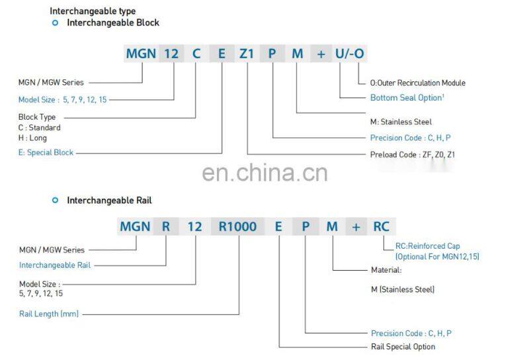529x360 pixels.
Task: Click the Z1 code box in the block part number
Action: click(247, 54)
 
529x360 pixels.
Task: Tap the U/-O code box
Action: click(350, 54)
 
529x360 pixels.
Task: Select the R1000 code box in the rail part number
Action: click(238, 226)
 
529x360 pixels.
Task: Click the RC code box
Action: click(382, 226)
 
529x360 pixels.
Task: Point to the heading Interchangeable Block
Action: click(113, 22)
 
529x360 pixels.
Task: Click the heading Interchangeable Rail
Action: click(109, 200)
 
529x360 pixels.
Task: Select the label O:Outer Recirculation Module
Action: click(417, 83)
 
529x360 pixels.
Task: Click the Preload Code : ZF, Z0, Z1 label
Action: click(413, 154)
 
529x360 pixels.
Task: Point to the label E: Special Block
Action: click(46, 152)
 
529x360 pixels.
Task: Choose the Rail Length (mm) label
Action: click(48, 314)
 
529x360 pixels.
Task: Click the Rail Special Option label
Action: click(403, 346)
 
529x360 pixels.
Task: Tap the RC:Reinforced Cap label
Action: click(427, 247)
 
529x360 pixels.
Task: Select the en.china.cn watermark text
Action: click(264, 173)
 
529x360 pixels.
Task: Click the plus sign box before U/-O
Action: click(321, 54)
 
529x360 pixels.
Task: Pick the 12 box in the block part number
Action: click(171, 54)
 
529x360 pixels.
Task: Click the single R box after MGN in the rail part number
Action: click(166, 226)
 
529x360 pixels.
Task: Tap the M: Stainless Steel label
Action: click(401, 122)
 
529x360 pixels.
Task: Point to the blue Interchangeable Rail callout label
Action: click(54, 265)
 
